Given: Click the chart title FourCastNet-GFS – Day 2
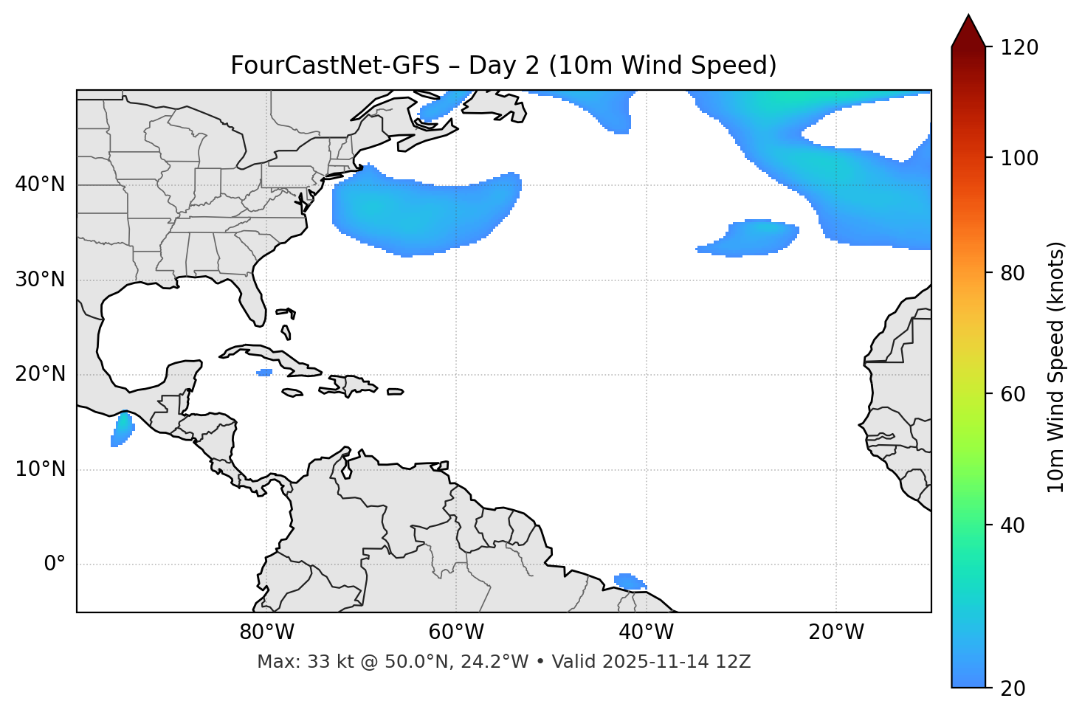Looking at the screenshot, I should (x=503, y=66).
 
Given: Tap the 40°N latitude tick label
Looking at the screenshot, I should (x=40, y=184).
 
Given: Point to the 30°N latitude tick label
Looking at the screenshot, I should (x=40, y=280).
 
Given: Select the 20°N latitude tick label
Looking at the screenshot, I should (x=40, y=374).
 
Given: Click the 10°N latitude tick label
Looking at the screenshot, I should (x=40, y=469).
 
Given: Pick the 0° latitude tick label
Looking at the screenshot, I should (x=55, y=564).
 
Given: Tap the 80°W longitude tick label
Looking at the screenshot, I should (x=266, y=632).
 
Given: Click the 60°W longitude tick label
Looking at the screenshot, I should (x=456, y=632).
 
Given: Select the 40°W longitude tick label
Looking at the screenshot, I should (x=646, y=632).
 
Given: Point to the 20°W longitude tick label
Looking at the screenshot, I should (x=835, y=632).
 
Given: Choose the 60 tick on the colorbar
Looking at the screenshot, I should (x=1013, y=394).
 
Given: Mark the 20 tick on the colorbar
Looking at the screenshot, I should (x=1013, y=688).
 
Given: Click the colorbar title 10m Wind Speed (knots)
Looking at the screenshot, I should (x=1056, y=367).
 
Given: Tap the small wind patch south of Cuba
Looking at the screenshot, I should (x=264, y=372).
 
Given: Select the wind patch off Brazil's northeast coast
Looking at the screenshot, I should (x=629, y=581).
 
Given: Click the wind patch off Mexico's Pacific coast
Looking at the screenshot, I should (x=122, y=429).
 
